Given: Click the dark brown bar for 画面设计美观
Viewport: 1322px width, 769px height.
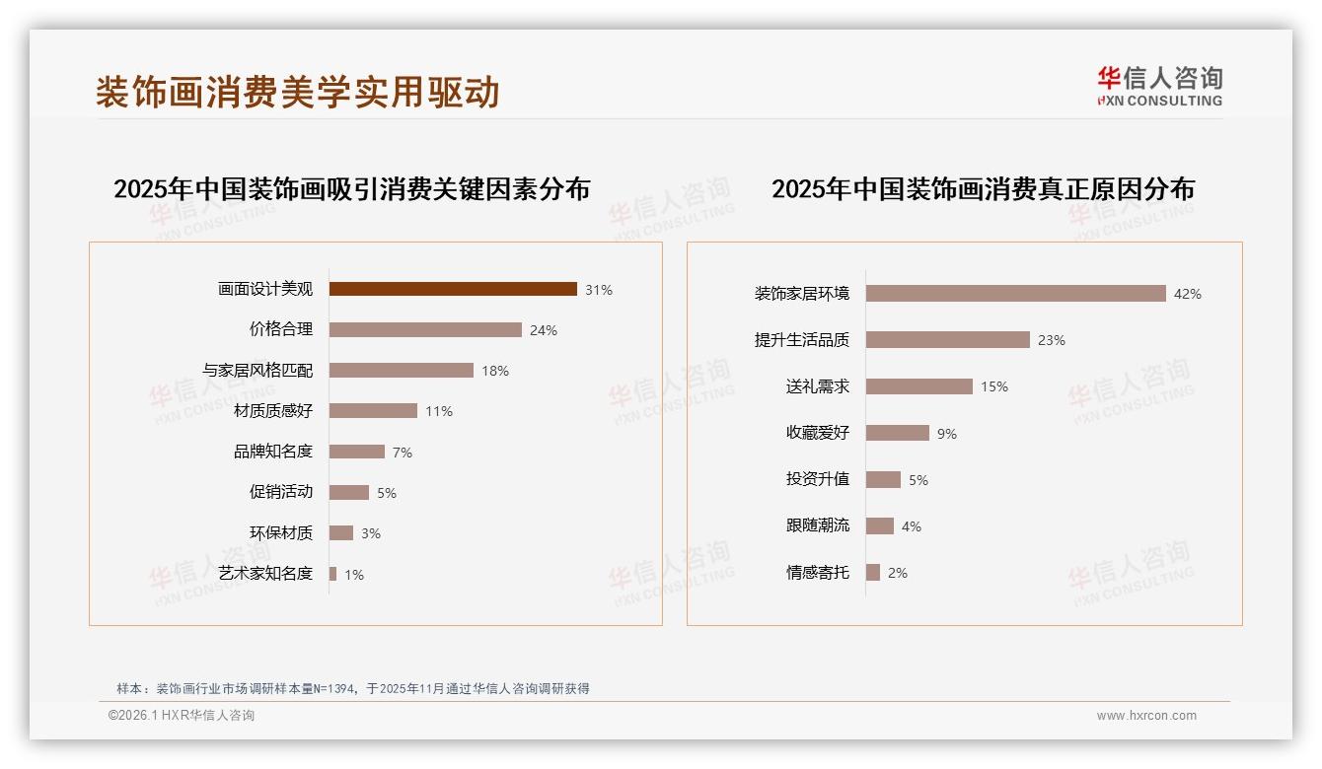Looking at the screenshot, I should (x=453, y=289).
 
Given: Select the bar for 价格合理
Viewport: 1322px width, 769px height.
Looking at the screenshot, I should (x=425, y=329).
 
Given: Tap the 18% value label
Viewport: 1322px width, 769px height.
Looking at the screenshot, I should (x=495, y=371).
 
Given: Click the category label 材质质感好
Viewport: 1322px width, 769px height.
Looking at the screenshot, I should (x=273, y=411).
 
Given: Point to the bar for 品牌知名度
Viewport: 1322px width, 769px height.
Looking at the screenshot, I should (x=357, y=452).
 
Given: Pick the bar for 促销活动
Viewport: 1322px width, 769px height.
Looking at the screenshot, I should (x=349, y=492).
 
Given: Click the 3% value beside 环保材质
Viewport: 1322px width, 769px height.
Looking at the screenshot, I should (x=370, y=533).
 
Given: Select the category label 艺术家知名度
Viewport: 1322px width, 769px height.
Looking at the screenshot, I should (x=265, y=574).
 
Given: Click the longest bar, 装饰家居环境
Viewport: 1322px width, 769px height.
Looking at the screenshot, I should (x=1016, y=293).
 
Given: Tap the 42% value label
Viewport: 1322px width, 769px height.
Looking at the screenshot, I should (x=1188, y=294).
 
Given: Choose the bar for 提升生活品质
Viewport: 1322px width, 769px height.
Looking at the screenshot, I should (x=948, y=339).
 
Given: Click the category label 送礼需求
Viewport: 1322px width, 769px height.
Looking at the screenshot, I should (x=818, y=386).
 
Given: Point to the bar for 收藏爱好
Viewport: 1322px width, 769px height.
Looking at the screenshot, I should (x=898, y=433).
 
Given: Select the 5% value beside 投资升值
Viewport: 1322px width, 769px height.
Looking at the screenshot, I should (x=918, y=480).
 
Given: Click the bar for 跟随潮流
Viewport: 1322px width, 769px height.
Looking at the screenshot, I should (x=880, y=525).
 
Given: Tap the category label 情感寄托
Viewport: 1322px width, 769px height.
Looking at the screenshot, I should (x=818, y=572).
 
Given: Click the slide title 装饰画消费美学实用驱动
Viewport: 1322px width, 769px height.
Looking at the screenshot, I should (x=298, y=92).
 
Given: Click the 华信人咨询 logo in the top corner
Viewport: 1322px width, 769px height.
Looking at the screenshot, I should (x=1159, y=86).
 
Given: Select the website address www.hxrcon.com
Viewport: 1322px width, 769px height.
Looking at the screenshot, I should (x=1146, y=716).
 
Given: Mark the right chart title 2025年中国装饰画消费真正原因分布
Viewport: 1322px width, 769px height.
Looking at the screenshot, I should (x=983, y=188).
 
